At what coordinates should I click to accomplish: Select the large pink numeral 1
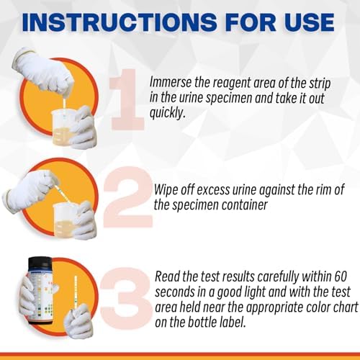(127, 99)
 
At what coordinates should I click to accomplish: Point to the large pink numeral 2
(129, 197)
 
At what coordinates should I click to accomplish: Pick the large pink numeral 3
(126, 298)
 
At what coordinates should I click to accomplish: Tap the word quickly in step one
(168, 113)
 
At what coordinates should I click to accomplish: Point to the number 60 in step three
(341, 276)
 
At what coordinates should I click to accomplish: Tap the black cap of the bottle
(40, 263)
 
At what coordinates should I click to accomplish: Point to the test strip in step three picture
(76, 292)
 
